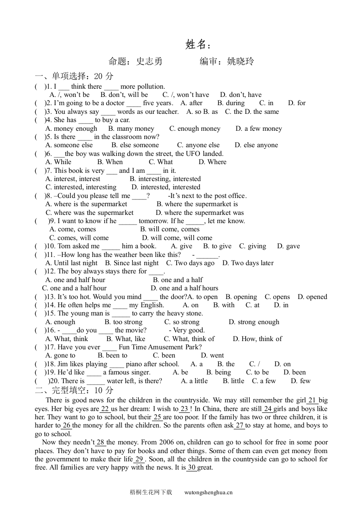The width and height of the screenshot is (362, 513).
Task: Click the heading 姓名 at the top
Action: pyautogui.click(x=198, y=44)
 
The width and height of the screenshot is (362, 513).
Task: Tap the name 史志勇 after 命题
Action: pyautogui.click(x=149, y=61)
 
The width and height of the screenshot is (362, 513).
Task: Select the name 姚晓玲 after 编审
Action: pyautogui.click(x=241, y=61)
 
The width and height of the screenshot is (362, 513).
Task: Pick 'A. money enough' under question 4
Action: pyautogui.click(x=71, y=129)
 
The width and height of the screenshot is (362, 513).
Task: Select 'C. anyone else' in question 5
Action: pyautogui.click(x=198, y=145)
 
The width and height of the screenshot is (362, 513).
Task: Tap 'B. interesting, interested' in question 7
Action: pyautogui.click(x=165, y=179)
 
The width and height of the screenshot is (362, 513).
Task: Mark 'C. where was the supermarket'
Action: pyautogui.click(x=89, y=213)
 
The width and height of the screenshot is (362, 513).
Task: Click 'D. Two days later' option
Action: pyautogui.click(x=248, y=263)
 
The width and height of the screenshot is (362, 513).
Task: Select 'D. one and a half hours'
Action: pyautogui.click(x=184, y=288)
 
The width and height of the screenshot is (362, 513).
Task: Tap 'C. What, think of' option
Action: pyautogui.click(x=189, y=339)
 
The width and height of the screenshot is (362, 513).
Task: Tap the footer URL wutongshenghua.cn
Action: pyautogui.click(x=208, y=492)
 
